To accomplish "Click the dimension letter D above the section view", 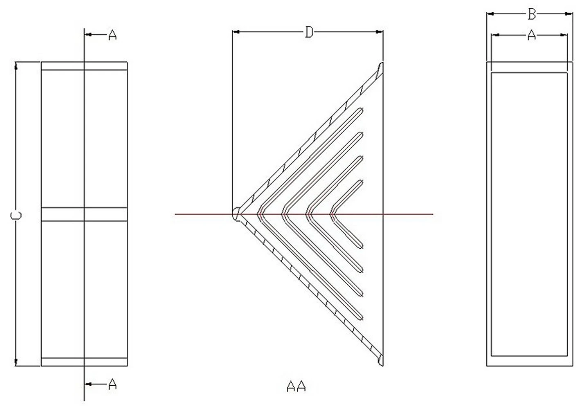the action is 309,32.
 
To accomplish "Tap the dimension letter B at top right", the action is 532,14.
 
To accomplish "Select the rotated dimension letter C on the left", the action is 16,216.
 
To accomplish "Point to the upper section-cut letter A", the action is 112,35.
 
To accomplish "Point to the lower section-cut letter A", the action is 112,384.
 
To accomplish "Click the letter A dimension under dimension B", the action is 532,35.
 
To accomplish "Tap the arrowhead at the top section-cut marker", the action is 88,34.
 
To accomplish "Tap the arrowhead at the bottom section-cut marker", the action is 88,384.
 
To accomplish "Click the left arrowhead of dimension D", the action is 236,32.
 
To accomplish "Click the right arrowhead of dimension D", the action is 380,32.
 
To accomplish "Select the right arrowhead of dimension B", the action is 569,14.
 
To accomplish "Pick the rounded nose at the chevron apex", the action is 236,214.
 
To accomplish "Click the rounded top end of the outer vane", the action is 380,67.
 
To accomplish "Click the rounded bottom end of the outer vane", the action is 380,361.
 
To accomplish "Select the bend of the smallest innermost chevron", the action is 333,214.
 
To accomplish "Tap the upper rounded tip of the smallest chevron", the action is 361,182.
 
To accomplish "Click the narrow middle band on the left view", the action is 84,214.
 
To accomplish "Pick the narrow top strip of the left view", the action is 84,66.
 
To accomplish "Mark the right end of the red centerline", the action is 433,214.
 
